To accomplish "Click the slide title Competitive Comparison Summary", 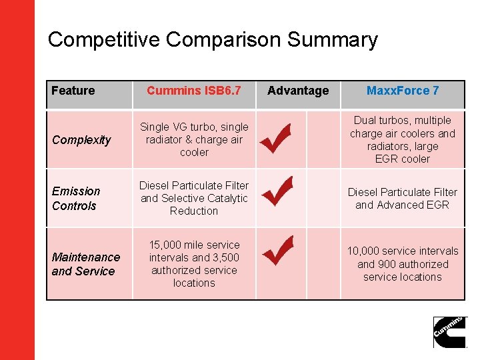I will pos(213,40).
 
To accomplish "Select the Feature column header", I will pos(73,91).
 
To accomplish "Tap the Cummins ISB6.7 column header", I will pos(193,91).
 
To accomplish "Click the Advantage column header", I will pos(298,91).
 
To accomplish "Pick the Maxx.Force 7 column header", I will pos(403,91).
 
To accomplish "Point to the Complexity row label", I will pos(81,140).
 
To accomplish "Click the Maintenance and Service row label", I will pos(86,264).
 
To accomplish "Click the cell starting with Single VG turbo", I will pos(193,139).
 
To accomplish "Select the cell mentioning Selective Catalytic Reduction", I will pos(193,198).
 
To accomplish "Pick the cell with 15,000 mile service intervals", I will pos(193,264).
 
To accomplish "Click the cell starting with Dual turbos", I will pos(403,139).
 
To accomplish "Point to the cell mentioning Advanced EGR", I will pos(403,199).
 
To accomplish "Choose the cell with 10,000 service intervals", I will pos(403,264).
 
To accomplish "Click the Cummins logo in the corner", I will pos(450,332).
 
